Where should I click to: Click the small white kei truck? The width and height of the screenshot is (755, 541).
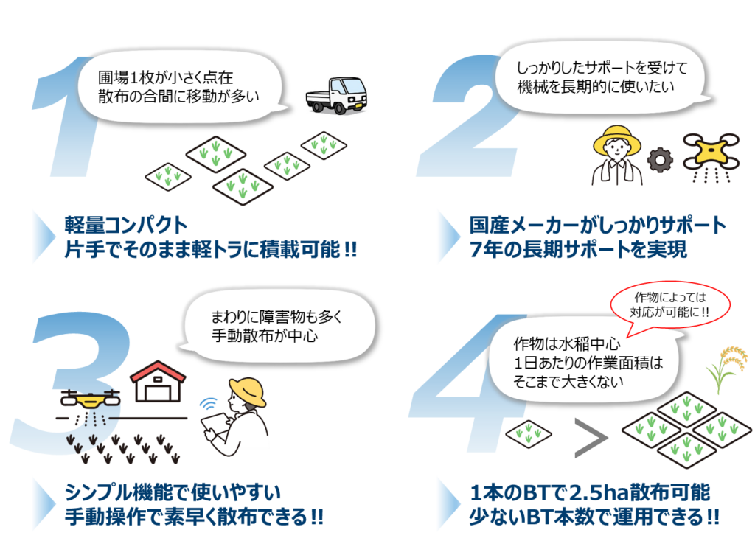click(337, 96)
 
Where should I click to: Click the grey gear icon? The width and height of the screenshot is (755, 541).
click(658, 159)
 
